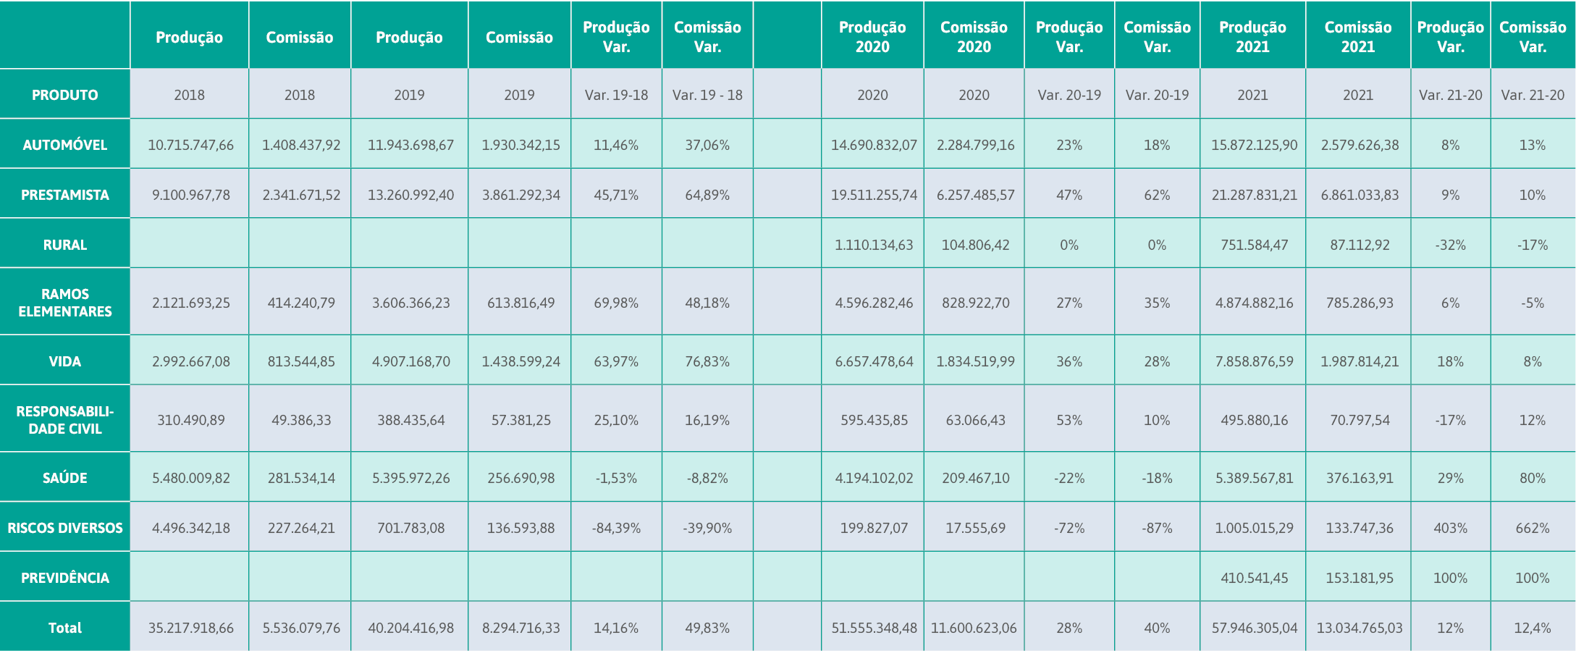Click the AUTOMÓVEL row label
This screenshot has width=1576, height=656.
(65, 145)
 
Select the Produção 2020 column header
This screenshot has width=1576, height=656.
(872, 37)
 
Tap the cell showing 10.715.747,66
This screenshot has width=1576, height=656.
(191, 145)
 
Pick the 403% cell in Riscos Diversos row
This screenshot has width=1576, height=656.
(1450, 528)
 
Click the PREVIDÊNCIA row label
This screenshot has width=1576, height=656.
(65, 578)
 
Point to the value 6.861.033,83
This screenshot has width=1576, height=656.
(1360, 195)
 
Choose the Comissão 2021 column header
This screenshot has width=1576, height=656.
(1358, 37)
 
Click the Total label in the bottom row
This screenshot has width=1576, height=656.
(65, 628)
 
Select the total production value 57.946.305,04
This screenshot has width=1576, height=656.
(1255, 628)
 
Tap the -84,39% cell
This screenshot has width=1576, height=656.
(616, 528)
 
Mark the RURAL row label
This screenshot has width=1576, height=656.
(65, 245)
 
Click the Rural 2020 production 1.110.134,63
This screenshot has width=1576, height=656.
(874, 245)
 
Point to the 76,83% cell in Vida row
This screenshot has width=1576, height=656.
(707, 361)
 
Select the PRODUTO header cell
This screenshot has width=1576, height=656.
(65, 95)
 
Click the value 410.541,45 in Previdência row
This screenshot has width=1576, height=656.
(1255, 578)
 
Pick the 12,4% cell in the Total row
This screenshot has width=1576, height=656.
(1533, 628)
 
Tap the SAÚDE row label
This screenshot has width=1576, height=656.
(65, 478)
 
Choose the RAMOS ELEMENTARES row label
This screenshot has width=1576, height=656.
(65, 303)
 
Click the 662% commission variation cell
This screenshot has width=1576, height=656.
(1533, 528)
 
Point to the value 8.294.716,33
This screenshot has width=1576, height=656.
(521, 628)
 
